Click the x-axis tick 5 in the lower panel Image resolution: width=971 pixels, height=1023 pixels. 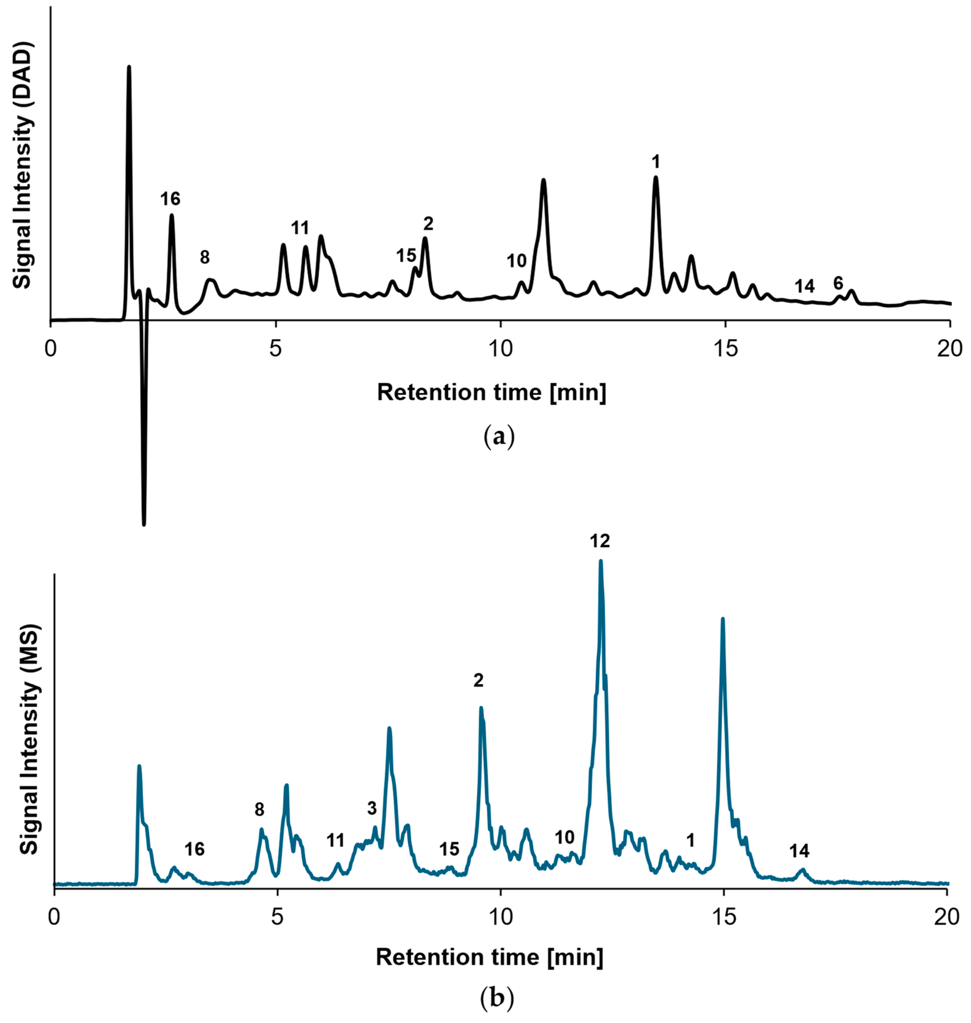tap(278, 915)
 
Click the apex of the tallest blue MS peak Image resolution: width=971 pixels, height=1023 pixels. tap(600, 561)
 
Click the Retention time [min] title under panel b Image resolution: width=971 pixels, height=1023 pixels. tap(489, 957)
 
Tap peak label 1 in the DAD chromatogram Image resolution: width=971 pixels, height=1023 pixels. tap(656, 162)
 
